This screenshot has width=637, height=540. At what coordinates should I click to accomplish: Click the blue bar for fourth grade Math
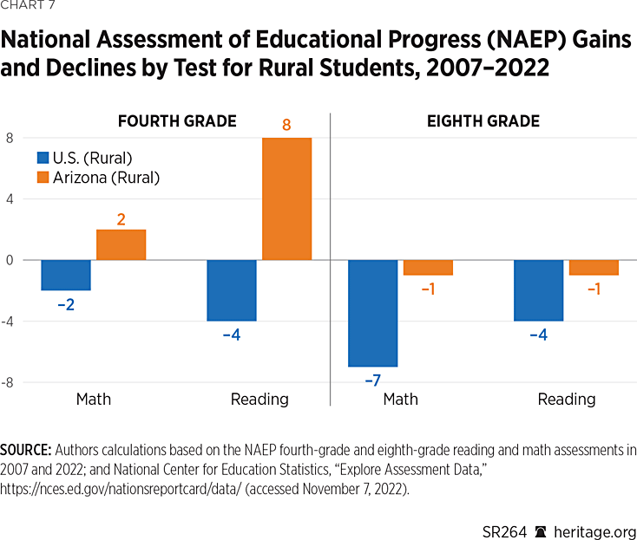pyautogui.click(x=66, y=275)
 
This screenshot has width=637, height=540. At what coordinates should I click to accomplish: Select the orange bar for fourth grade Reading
pyautogui.click(x=286, y=198)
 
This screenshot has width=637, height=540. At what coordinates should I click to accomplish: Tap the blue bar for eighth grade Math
pyautogui.click(x=373, y=313)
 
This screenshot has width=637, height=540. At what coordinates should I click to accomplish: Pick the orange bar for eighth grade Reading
pyautogui.click(x=594, y=267)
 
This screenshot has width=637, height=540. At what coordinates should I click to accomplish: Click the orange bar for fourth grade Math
pyautogui.click(x=121, y=244)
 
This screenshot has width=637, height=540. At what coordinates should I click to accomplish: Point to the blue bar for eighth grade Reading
pyautogui.click(x=538, y=290)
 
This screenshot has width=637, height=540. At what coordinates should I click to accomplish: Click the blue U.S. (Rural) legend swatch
pyautogui.click(x=43, y=158)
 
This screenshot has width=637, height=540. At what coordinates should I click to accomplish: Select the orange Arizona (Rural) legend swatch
pyautogui.click(x=43, y=178)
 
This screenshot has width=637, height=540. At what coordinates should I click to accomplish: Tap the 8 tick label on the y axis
pyautogui.click(x=10, y=139)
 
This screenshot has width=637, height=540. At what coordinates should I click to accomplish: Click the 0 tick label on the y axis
pyautogui.click(x=10, y=260)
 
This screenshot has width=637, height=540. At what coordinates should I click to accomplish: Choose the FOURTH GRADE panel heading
pyautogui.click(x=177, y=121)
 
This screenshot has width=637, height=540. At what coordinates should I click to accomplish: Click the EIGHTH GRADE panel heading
pyautogui.click(x=483, y=121)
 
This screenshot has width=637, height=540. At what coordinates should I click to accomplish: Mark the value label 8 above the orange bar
pyautogui.click(x=286, y=126)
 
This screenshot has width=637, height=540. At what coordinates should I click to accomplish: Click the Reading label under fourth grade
pyautogui.click(x=259, y=400)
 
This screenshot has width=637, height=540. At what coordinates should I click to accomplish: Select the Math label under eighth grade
pyautogui.click(x=400, y=400)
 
